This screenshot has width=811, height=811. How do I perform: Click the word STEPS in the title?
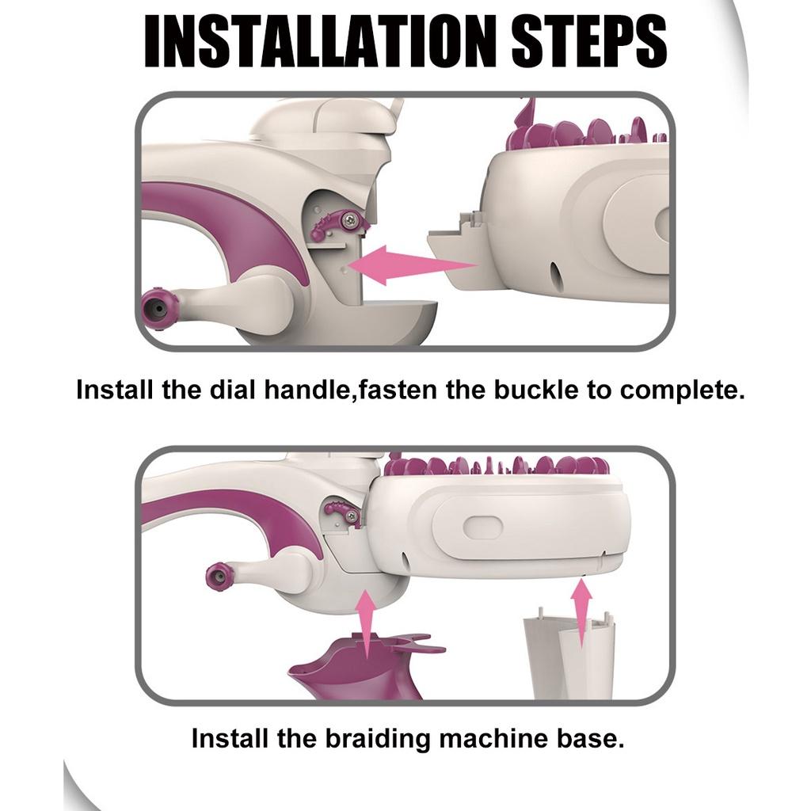pyautogui.click(x=589, y=40)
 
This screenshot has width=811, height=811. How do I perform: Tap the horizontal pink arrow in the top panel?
pyautogui.click(x=412, y=265)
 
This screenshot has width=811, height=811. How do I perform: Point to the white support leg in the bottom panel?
pyautogui.click(x=569, y=654)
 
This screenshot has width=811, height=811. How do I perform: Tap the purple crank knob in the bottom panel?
pyautogui.click(x=219, y=577)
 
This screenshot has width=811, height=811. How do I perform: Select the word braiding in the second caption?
pyautogui.click(x=377, y=739)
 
